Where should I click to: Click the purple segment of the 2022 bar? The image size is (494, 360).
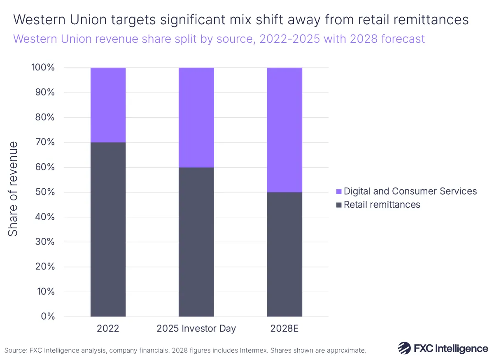[108, 105]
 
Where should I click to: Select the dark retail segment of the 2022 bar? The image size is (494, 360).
[108, 230]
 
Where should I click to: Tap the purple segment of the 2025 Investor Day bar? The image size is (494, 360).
[196, 117]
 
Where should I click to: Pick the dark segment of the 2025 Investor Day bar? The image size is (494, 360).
[196, 242]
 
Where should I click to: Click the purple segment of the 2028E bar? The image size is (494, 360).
[284, 130]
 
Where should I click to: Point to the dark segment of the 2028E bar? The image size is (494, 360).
[284, 254]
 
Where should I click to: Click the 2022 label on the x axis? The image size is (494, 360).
[108, 329]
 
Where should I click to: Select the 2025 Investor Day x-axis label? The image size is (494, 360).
[196, 329]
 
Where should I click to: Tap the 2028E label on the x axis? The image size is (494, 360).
[284, 329]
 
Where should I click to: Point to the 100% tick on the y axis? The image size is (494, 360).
[42, 67]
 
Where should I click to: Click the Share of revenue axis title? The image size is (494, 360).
[14, 189]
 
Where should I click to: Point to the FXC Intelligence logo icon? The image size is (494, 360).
[404, 348]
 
